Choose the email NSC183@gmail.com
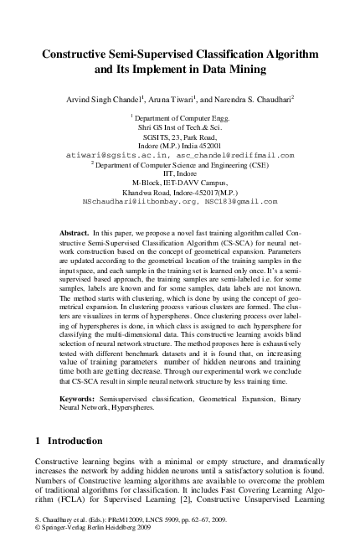(x=243, y=202)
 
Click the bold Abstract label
(x=77, y=230)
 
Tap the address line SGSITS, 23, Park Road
(x=179, y=137)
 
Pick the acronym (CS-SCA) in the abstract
(x=213, y=240)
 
